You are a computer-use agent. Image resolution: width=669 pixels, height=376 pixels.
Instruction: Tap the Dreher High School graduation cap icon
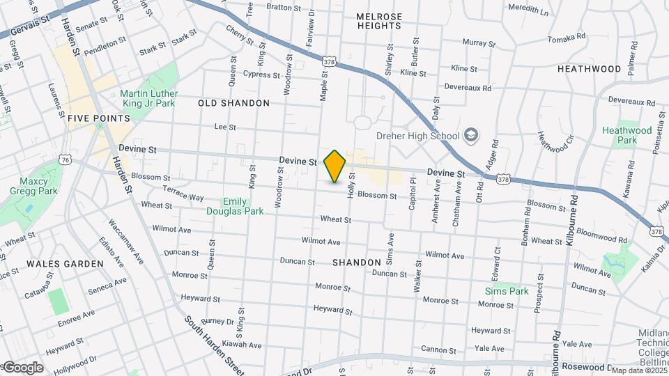(x=471, y=135)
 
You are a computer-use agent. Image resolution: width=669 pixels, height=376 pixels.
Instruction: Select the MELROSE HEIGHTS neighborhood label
(x=379, y=21)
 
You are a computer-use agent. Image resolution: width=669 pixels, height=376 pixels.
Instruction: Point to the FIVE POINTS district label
(x=99, y=119)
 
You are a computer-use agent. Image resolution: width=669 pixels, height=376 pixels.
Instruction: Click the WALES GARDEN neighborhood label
(x=65, y=264)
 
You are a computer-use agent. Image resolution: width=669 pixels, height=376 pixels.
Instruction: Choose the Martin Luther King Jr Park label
(x=148, y=98)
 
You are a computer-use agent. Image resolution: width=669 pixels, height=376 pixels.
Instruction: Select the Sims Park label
(x=507, y=291)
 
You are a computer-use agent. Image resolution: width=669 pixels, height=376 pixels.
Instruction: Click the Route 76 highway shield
(x=66, y=159)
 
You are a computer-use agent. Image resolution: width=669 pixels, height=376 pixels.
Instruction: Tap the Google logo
(x=22, y=368)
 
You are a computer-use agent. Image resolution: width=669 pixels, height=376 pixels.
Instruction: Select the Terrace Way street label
(x=183, y=193)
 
